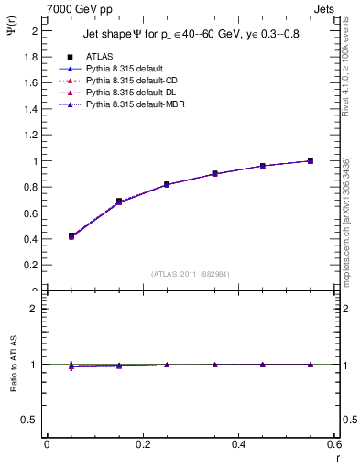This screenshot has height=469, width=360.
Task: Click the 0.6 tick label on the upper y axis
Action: coord(33,213)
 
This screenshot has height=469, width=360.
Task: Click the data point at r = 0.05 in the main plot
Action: coord(71,236)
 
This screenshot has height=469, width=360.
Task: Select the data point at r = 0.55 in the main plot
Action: coord(311,161)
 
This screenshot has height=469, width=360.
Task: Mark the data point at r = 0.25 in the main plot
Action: coord(167,184)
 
